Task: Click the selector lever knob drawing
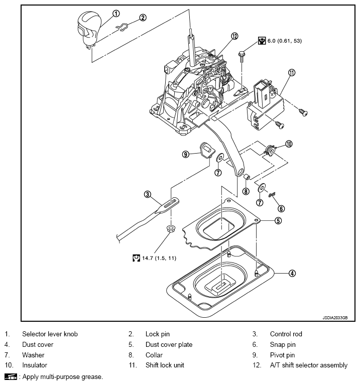click(88, 29)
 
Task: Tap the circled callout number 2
click(143, 18)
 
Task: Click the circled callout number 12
click(234, 36)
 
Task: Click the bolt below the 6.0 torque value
click(242, 57)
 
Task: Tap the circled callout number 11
click(292, 73)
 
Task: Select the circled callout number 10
click(289, 144)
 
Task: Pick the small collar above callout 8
click(247, 176)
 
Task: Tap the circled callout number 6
click(281, 209)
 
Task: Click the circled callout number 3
click(147, 194)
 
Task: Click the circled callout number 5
click(278, 221)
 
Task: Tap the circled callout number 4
click(292, 273)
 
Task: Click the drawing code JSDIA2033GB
click(335, 318)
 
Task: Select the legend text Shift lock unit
click(165, 365)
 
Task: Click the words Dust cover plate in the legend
click(169, 344)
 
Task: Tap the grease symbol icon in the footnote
click(11, 376)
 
